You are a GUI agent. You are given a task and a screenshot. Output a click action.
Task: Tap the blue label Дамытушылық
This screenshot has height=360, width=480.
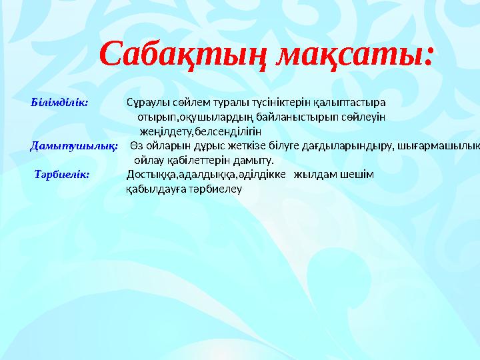(75, 145)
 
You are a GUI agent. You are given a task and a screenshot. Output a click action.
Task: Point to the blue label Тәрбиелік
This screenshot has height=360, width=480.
(67, 175)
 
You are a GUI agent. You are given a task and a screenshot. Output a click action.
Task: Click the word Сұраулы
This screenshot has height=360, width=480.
(145, 103)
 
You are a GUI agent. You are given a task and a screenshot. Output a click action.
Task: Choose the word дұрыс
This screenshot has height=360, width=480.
(200, 145)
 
